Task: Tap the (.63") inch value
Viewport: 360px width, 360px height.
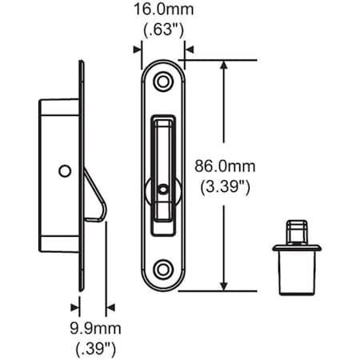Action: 163,33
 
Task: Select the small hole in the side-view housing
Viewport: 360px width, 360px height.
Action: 64,170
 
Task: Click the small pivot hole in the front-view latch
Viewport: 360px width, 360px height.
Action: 164,189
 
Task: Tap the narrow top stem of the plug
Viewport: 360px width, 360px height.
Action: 297,230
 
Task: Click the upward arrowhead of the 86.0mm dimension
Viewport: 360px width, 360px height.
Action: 226,66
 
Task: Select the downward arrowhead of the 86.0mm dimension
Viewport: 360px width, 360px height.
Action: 226,286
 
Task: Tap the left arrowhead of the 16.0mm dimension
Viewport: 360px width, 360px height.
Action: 138,49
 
